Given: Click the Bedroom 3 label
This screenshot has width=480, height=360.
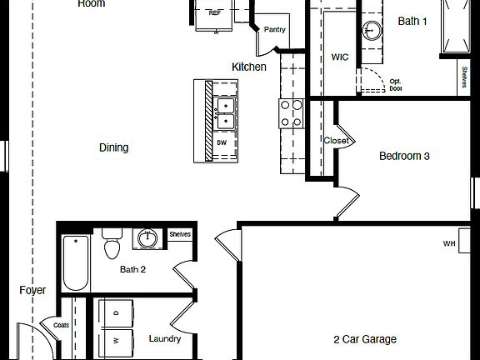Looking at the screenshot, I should tap(404, 156).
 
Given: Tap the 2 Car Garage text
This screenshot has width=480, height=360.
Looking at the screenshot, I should tap(365, 339).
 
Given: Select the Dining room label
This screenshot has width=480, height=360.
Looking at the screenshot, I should tap(114, 147).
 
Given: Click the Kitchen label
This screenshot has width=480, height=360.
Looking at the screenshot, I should tap(249, 67).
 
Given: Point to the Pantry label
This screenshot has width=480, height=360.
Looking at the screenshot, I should tap(275, 30).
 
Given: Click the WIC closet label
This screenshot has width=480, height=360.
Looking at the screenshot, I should tap(340, 57).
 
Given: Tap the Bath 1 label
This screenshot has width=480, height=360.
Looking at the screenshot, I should tap(412, 22).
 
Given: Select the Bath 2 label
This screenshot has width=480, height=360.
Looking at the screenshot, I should tap(132, 269).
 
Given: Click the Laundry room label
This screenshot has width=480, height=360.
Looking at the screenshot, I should tap(165, 339).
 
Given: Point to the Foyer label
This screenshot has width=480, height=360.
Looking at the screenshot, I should tap(32, 290).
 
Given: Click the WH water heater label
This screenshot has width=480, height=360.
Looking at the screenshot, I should tap(449, 243).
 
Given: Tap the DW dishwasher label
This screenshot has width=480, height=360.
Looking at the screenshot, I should tap(222, 142).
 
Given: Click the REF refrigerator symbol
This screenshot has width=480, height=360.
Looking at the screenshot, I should tap(215, 12).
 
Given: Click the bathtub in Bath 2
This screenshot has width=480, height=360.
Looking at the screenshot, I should tap(76, 263).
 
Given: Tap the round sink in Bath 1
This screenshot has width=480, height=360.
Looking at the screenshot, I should tap(372, 31).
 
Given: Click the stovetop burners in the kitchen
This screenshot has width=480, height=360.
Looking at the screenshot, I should tap(291, 113).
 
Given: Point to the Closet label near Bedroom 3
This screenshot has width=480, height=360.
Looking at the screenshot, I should tap(336, 141).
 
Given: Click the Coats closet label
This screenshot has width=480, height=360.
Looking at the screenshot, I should tap(61, 325).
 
